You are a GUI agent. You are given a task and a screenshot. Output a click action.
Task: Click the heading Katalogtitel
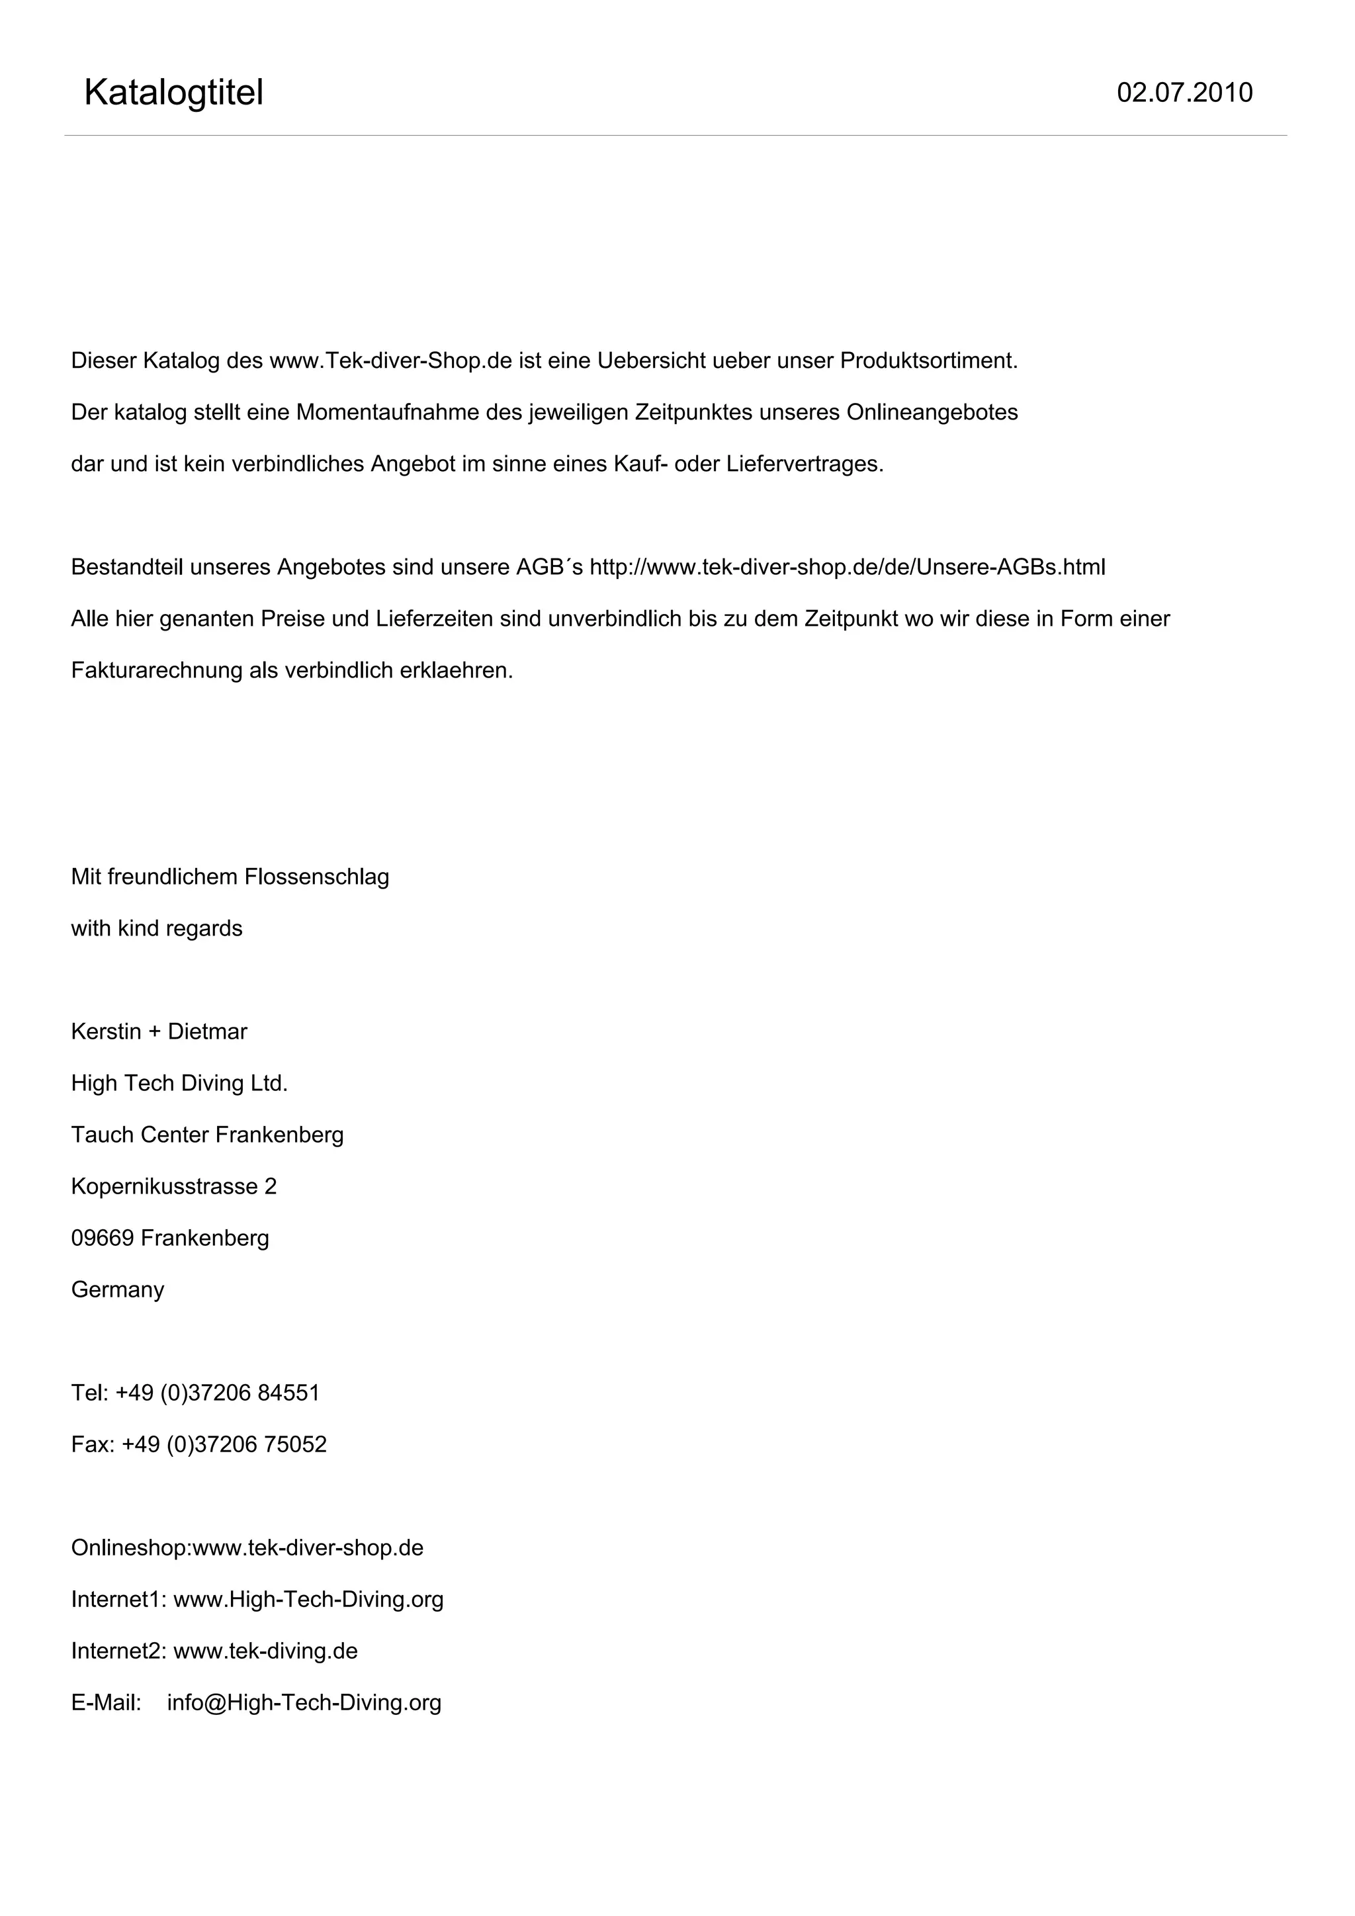point(173,93)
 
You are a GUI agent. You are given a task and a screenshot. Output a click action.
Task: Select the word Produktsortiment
point(929,361)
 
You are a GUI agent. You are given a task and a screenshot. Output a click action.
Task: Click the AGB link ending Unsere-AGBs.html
point(847,568)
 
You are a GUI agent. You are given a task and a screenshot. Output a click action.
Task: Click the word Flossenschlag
point(316,877)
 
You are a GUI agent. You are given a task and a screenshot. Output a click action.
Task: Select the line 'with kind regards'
point(157,929)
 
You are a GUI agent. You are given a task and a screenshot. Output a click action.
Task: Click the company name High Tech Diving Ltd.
point(179,1084)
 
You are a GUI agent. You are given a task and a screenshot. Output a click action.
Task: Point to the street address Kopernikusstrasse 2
point(173,1187)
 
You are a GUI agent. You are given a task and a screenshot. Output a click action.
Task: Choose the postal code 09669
point(102,1239)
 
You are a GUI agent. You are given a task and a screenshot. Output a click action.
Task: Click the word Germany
point(118,1290)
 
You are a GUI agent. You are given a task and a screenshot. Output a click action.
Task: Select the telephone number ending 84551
point(217,1393)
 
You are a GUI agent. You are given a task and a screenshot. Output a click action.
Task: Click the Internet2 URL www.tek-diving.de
point(265,1651)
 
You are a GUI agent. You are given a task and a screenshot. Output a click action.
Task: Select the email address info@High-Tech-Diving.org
point(304,1703)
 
